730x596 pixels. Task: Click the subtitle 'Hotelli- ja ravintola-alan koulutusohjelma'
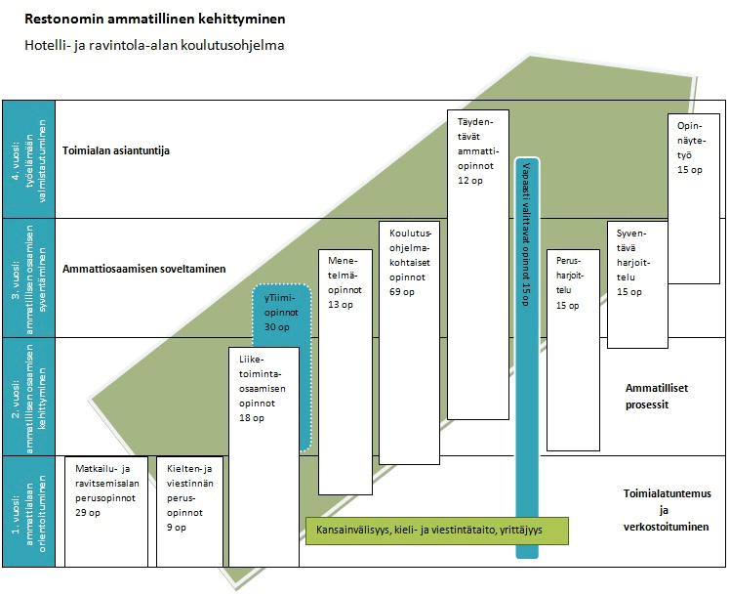(x=154, y=45)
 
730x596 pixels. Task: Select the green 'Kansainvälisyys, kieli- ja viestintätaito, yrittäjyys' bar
(x=436, y=532)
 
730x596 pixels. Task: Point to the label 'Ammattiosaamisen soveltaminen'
(x=143, y=269)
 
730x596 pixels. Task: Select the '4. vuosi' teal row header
(x=28, y=158)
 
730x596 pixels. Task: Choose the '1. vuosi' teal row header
(x=28, y=511)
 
